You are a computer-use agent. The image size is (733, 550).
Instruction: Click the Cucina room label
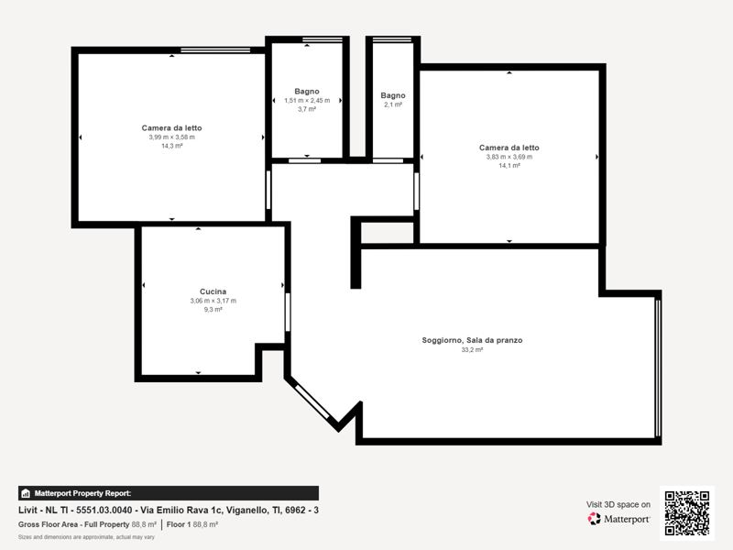coord(213,291)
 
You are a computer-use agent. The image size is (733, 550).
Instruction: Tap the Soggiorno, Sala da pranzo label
coord(472,340)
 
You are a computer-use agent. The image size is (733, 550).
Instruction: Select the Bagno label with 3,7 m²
coord(307,91)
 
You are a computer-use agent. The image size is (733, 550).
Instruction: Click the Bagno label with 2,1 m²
coord(393,95)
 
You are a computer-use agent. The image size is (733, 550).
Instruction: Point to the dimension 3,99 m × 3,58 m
coord(172,137)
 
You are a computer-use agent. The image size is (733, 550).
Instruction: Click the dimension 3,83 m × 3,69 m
coord(509,157)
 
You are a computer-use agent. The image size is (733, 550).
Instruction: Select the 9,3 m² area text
coord(213,309)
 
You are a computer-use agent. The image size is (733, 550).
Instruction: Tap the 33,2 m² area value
coord(472,349)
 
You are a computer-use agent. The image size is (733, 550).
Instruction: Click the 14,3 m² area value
coord(172,146)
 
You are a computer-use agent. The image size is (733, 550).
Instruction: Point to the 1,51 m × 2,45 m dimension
coord(307,100)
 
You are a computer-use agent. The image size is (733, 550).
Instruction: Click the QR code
coord(686,513)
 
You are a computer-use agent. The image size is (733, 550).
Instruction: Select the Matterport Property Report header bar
coord(169,493)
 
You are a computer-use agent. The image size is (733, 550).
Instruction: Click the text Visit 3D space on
coord(618,505)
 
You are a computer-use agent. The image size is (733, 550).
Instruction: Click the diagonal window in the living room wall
coord(312,401)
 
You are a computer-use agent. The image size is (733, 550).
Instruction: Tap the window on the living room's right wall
coord(658,368)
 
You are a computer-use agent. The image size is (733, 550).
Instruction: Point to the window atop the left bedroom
coord(215,49)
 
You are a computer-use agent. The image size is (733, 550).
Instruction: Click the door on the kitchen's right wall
coord(288,312)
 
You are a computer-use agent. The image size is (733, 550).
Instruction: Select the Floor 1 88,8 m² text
coord(192,524)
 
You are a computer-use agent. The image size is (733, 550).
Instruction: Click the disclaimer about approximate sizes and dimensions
coord(86,537)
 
